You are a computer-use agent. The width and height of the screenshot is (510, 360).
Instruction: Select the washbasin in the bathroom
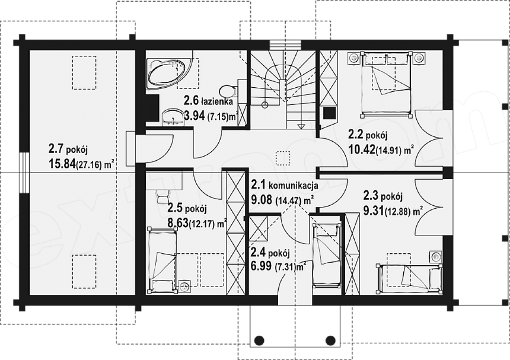point(172,117)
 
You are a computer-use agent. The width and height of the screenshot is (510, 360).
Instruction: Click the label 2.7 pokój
point(68,149)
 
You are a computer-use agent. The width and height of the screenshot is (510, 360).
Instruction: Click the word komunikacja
point(293,186)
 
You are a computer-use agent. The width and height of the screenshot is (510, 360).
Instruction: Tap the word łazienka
point(217,102)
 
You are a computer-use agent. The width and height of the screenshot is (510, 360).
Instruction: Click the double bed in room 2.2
point(386,84)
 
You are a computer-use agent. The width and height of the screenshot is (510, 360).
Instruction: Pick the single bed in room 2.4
point(327,256)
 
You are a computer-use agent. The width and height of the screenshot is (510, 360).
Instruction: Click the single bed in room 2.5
point(162,260)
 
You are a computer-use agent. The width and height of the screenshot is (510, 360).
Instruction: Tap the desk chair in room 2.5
point(163,196)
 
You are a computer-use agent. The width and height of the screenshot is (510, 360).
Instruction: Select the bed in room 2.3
point(409,277)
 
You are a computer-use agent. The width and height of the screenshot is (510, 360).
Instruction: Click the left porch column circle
point(259,340)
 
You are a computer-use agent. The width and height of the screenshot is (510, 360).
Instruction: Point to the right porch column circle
point(331,340)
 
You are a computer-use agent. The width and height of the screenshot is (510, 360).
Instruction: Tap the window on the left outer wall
point(24,173)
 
